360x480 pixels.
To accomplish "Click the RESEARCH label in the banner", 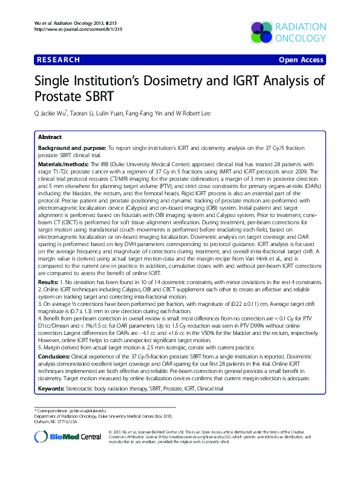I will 58,60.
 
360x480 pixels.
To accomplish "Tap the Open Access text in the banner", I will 301,60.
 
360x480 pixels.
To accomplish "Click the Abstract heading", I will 50,137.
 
